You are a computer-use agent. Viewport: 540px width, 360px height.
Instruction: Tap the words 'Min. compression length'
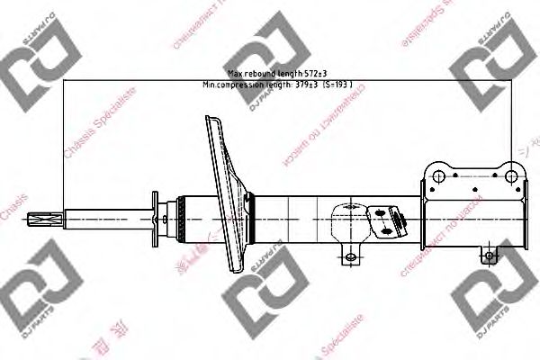tap(242, 85)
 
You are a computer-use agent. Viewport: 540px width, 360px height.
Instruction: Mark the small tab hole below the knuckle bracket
tap(489, 256)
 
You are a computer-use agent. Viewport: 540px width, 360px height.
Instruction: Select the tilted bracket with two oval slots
tap(387, 217)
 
